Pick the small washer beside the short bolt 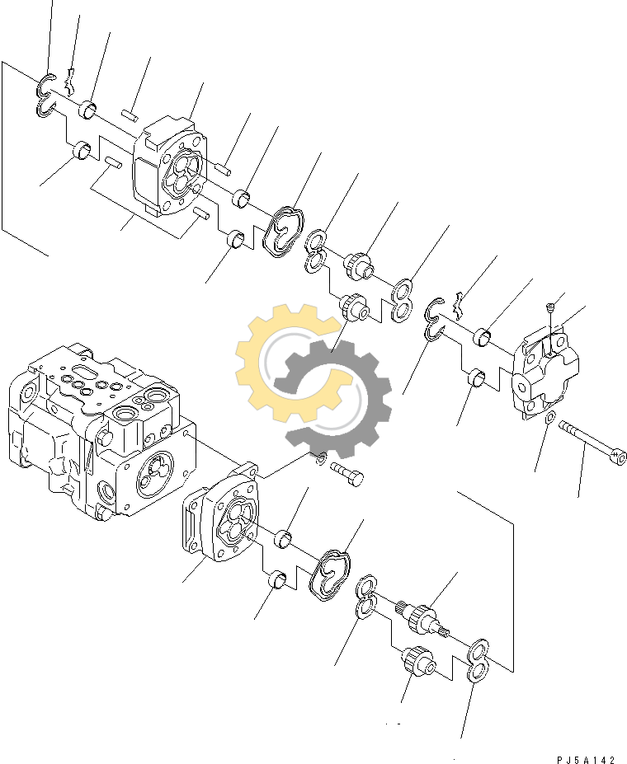(x=320, y=458)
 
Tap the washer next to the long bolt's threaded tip (x=550, y=418)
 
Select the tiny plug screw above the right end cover (x=551, y=307)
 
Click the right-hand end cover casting (x=545, y=376)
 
